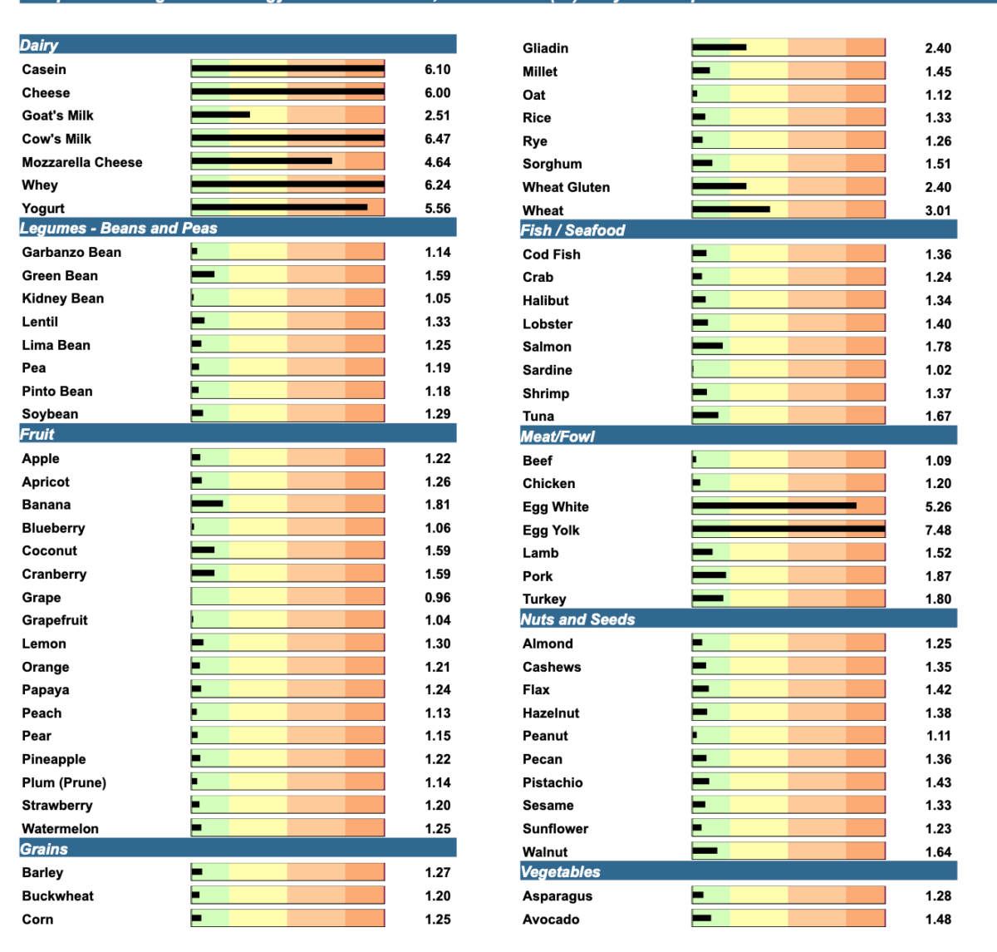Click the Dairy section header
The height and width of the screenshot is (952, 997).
tap(39, 45)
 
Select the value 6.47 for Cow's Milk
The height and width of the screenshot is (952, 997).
tap(438, 139)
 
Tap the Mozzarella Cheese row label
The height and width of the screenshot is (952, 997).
tap(82, 162)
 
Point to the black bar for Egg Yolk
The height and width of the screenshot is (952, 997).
tap(788, 529)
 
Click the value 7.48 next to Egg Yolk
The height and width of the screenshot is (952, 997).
tap(938, 530)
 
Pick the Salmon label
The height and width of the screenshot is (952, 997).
tap(547, 347)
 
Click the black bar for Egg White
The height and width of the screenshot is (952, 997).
tap(774, 506)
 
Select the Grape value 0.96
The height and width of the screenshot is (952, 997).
tap(438, 597)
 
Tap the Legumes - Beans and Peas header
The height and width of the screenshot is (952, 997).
tap(118, 228)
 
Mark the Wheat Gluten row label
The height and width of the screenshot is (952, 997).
tap(566, 187)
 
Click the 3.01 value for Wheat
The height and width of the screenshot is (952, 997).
tap(938, 210)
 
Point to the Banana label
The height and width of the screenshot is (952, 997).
tap(47, 505)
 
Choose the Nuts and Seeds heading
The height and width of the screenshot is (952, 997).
tap(577, 619)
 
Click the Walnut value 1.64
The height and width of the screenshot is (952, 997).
tap(938, 852)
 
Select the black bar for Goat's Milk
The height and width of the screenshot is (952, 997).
tap(220, 115)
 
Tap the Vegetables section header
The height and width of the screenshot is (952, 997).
tap(560, 871)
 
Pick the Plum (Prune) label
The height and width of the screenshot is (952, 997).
tap(64, 782)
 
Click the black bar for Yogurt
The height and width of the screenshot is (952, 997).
tap(279, 207)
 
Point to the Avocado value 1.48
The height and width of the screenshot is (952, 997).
tap(938, 920)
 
